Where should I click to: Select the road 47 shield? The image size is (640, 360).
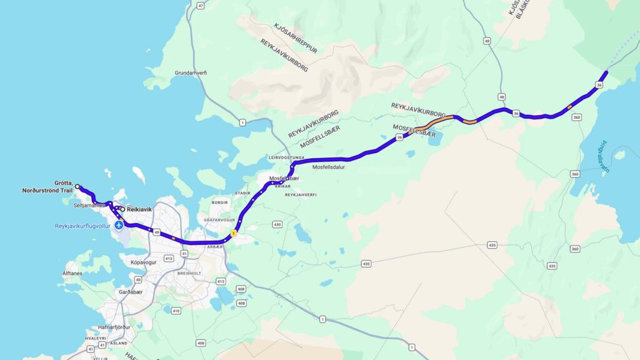point(200,6)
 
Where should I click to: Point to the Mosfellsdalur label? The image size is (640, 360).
point(329,167)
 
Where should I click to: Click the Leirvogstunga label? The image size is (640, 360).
point(286,157)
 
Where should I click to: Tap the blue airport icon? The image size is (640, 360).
point(119,224)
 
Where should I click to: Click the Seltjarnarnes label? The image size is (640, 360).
point(87,205)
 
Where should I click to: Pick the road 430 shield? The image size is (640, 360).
point(277,224)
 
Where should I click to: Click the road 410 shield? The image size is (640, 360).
point(176,311)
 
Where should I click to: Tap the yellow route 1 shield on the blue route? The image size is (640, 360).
point(234,233)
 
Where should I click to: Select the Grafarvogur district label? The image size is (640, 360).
point(219,220)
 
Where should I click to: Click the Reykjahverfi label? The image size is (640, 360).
point(301,195)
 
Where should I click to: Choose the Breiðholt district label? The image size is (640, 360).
point(190,272)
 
